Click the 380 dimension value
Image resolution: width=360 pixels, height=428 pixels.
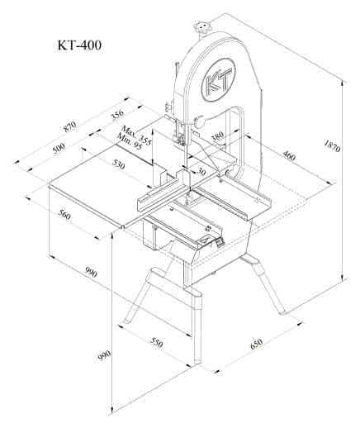tap(217, 138)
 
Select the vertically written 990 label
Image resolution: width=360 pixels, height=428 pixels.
tap(104, 355)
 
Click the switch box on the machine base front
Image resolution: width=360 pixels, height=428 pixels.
tap(220, 242)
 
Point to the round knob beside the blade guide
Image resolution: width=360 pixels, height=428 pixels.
tap(198, 123)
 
